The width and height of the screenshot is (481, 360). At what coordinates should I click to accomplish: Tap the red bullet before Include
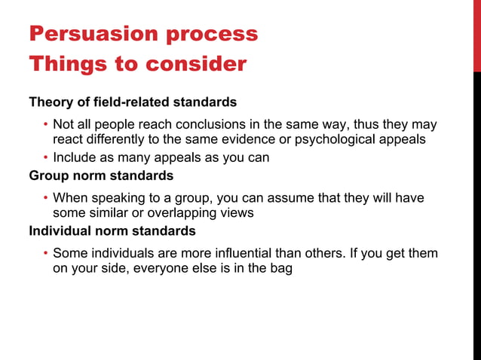click(x=45, y=158)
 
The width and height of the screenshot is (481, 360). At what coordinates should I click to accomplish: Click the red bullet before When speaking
click(x=45, y=198)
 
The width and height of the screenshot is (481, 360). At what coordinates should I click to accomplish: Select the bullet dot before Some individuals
click(x=45, y=254)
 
